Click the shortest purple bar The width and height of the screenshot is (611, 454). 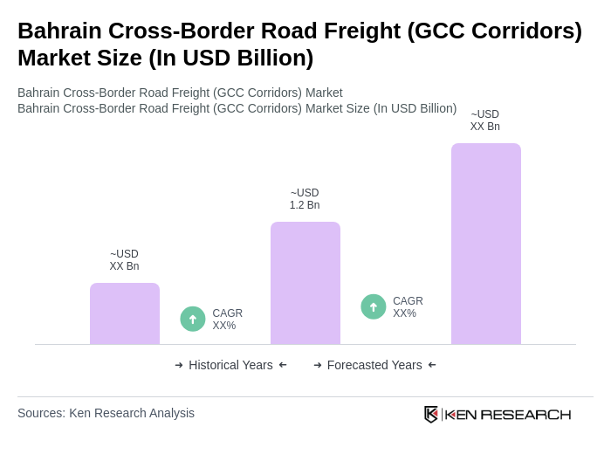coord(125,313)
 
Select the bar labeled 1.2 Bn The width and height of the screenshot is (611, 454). coord(305,283)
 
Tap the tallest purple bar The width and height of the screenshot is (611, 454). coord(486,244)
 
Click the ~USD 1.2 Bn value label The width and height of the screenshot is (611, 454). coord(305,199)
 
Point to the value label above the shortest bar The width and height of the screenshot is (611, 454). coord(124,260)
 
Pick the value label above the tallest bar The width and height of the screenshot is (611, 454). coord(485,120)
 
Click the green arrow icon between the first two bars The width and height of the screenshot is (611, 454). coord(193,319)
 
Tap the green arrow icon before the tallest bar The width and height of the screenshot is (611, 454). coord(374,306)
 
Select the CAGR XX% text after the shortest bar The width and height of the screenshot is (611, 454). coord(227,320)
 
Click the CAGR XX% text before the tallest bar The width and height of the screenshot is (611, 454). coord(408,307)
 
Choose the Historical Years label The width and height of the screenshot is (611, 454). coord(230,365)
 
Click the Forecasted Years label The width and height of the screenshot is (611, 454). coord(374,365)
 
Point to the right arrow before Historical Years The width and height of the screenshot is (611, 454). coord(179,365)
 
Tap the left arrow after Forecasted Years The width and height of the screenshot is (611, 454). coord(432,365)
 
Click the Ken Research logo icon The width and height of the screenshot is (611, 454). coord(431,414)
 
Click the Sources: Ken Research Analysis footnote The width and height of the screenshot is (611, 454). coord(106,413)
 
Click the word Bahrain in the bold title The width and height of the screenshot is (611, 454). coord(57,31)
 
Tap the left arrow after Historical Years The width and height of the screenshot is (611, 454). coord(283,365)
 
